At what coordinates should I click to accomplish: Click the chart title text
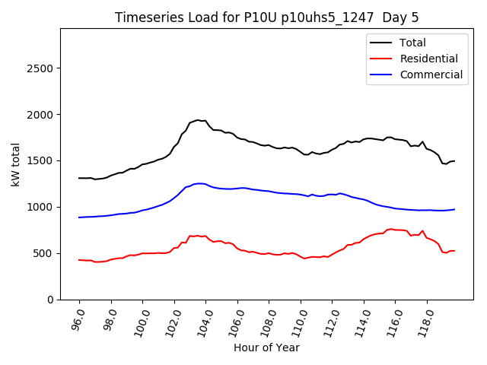[x=266, y=17]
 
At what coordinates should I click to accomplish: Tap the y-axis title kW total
[x=15, y=164]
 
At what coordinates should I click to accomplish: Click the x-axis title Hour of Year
[x=266, y=348]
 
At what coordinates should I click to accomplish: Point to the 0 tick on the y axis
[x=50, y=300]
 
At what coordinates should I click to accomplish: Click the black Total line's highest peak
[x=198, y=120]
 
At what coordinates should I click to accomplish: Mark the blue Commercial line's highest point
[x=199, y=183]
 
